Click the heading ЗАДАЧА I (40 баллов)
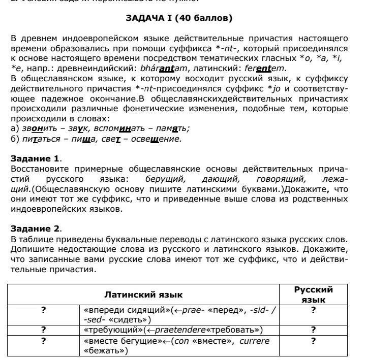point(178,18)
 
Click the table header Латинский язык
point(143,294)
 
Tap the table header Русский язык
point(314,294)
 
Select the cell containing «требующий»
point(180,330)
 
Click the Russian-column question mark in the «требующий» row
point(314,330)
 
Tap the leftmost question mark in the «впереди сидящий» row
point(44,309)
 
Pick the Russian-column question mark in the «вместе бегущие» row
point(314,341)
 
